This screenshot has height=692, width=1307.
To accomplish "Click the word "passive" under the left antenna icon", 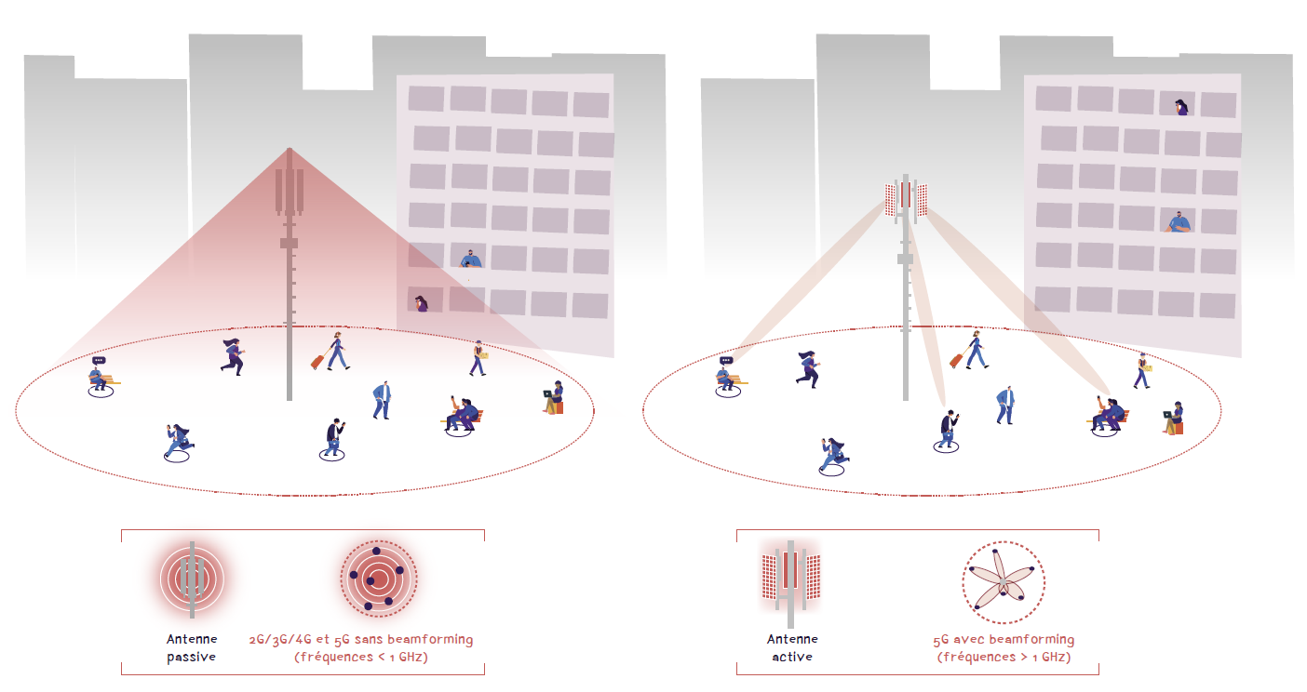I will pos(191,657).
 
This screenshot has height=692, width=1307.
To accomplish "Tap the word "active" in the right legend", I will pos(791,657).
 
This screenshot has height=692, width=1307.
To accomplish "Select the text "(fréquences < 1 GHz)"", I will pos(361,657).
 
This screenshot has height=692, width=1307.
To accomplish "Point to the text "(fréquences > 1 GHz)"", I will pos(1004,657).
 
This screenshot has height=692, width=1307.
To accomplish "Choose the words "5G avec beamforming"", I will pos(1004,640).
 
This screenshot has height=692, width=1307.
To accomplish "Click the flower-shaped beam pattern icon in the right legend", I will pos(1003,582).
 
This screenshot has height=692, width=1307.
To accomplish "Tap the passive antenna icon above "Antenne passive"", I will pos(192,579).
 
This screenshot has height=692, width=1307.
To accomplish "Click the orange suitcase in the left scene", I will pos(317,360).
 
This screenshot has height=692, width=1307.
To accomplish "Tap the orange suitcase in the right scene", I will pos(956,360).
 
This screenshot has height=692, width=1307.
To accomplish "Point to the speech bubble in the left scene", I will pos(99,360).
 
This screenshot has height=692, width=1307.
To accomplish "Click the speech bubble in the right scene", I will pos(726,360).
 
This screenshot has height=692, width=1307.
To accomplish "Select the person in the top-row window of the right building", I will pos(1181,107).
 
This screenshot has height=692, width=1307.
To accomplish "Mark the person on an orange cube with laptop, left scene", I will pos(554,397).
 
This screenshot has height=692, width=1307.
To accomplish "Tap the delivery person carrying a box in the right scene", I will pos(1142,369).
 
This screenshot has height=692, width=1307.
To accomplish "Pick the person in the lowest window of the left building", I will pos(422,303).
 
